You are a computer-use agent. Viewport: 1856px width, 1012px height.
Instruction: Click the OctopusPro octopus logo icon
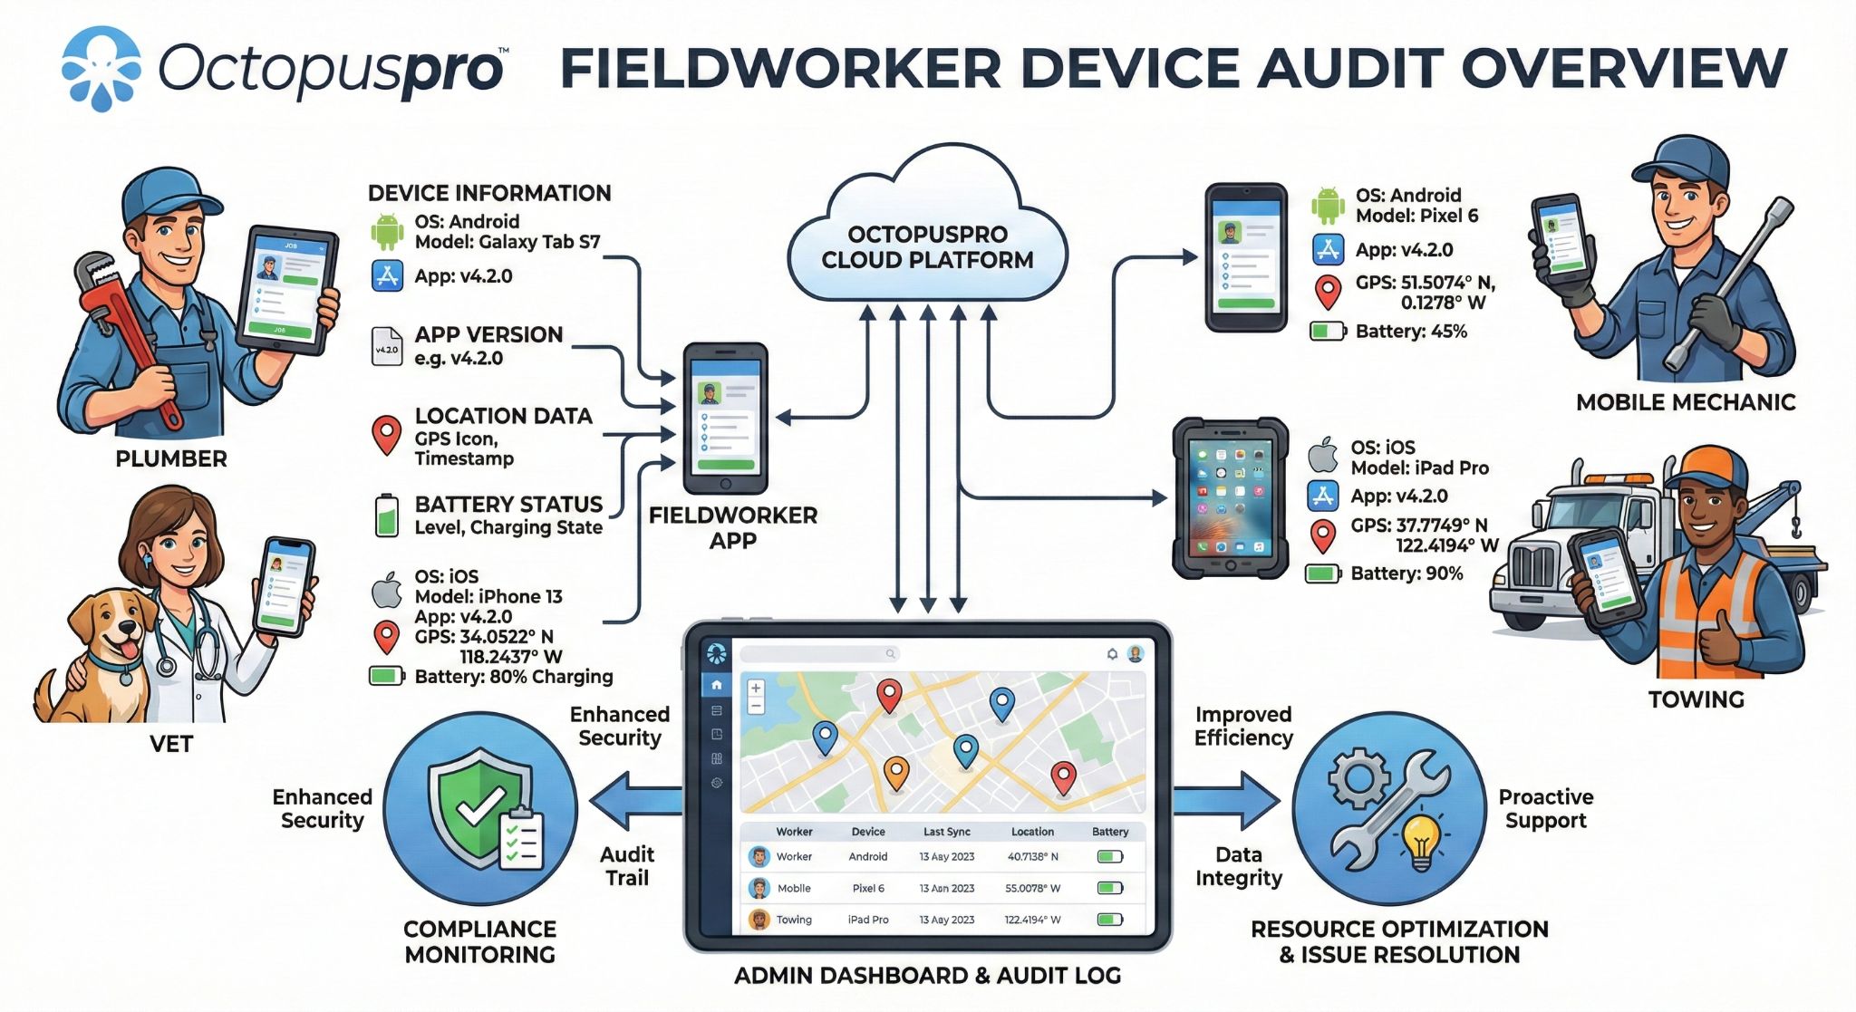pos(101,68)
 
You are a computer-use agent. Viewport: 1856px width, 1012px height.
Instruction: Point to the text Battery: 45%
pos(1410,332)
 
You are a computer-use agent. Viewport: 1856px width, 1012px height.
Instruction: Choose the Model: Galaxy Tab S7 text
pos(507,242)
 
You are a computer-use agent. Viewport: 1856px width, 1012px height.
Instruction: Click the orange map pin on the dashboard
pos(895,773)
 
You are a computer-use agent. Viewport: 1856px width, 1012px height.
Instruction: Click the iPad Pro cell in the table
pos(867,920)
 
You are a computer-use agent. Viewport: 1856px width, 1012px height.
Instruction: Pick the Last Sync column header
pos(946,832)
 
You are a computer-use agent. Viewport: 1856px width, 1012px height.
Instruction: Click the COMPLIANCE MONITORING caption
pos(479,942)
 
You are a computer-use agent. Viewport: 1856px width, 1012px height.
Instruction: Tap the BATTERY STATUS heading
pos(508,505)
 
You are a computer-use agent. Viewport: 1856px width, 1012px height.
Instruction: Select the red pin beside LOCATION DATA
pos(387,434)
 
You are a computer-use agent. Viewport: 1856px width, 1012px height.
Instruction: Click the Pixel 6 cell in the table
pos(867,889)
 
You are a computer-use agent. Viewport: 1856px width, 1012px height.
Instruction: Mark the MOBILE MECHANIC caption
pos(1685,403)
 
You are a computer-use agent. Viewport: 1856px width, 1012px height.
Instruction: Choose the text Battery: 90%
pos(1406,573)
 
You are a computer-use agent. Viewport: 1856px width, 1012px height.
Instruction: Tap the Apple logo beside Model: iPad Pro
pos(1323,455)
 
